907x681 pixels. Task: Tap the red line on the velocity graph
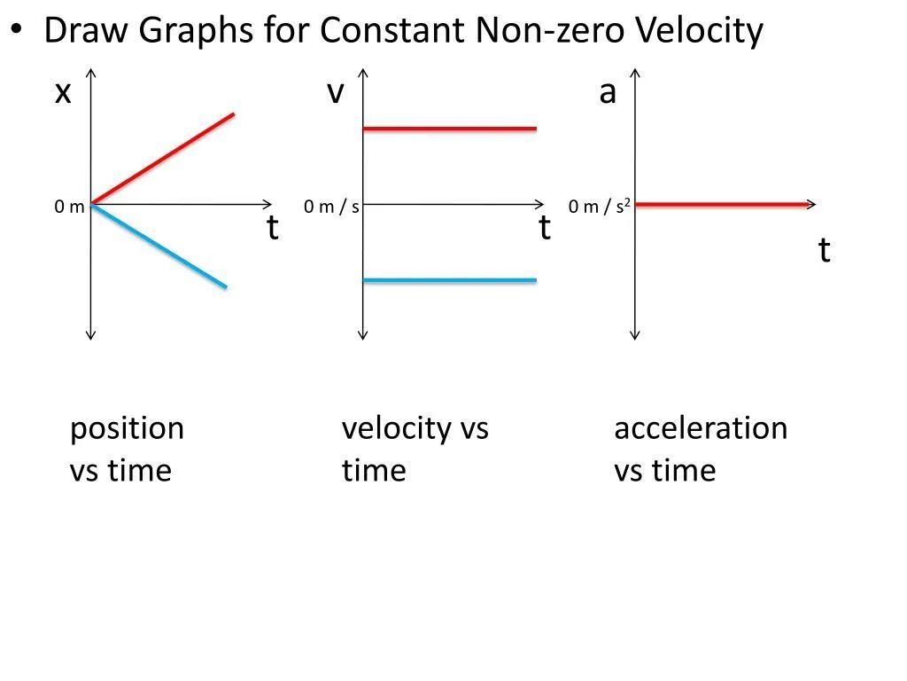click(x=450, y=129)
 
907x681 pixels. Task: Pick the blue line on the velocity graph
click(x=450, y=280)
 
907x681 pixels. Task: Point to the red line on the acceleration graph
click(x=722, y=205)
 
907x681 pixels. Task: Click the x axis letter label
click(x=62, y=92)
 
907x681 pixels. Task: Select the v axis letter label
click(x=334, y=92)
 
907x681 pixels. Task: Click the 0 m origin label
click(x=69, y=207)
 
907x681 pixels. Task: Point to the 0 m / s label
click(x=331, y=207)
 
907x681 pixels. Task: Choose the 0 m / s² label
click(x=599, y=207)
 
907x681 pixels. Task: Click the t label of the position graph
click(x=273, y=230)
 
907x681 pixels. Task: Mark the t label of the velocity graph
click(x=545, y=230)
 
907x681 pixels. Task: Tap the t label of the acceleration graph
click(x=824, y=252)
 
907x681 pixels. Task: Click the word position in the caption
click(x=127, y=429)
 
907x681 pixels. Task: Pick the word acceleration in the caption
click(x=700, y=429)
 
